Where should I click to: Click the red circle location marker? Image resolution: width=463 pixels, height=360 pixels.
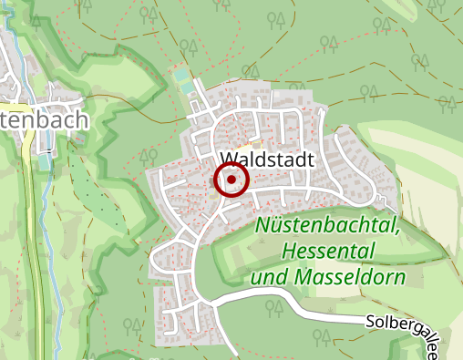(x=231, y=180)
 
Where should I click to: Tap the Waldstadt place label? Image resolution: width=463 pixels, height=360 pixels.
(x=267, y=159)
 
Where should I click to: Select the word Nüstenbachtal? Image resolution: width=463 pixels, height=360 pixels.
(x=325, y=226)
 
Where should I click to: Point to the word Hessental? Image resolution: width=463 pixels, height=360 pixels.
(x=326, y=250)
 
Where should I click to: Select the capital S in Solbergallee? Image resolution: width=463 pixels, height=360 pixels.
(x=371, y=321)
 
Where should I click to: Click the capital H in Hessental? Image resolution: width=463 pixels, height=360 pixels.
(x=290, y=250)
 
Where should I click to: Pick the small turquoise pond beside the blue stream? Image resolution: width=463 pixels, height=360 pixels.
(x=44, y=165)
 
